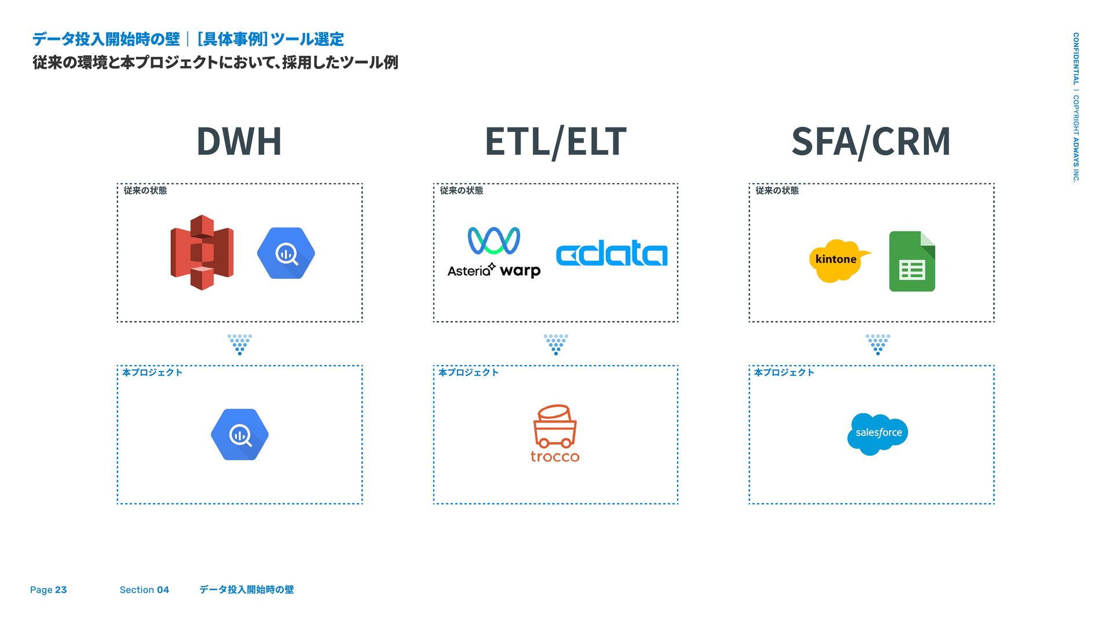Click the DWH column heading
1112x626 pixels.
pyautogui.click(x=239, y=141)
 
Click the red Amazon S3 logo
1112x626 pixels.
pyautogui.click(x=202, y=253)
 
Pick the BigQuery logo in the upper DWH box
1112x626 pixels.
pyautogui.click(x=286, y=253)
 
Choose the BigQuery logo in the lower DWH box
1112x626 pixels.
pyautogui.click(x=240, y=435)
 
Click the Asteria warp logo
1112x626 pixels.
pyautogui.click(x=494, y=253)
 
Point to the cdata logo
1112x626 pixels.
pyautogui.click(x=612, y=253)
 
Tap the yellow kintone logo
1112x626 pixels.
pyautogui.click(x=837, y=260)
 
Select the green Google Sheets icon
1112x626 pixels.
pyautogui.click(x=912, y=261)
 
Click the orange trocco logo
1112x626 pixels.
pyautogui.click(x=555, y=434)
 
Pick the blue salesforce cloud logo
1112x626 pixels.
pyautogui.click(x=877, y=434)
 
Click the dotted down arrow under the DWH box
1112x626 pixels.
pyautogui.click(x=240, y=344)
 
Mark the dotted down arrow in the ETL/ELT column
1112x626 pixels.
pyautogui.click(x=555, y=344)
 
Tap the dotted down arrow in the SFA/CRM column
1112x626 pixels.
pyautogui.click(x=877, y=344)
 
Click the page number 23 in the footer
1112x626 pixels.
pyautogui.click(x=61, y=590)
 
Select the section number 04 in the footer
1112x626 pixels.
pyautogui.click(x=163, y=590)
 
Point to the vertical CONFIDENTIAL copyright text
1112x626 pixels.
pyautogui.click(x=1076, y=107)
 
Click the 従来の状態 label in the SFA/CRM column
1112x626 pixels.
pyautogui.click(x=777, y=191)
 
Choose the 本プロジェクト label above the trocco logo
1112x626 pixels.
pyautogui.click(x=468, y=373)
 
